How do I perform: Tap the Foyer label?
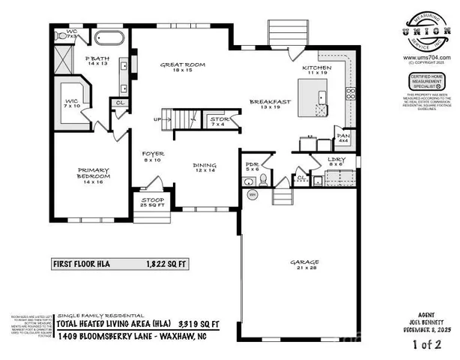[x=154, y=155]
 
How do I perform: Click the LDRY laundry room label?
[x=335, y=162]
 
